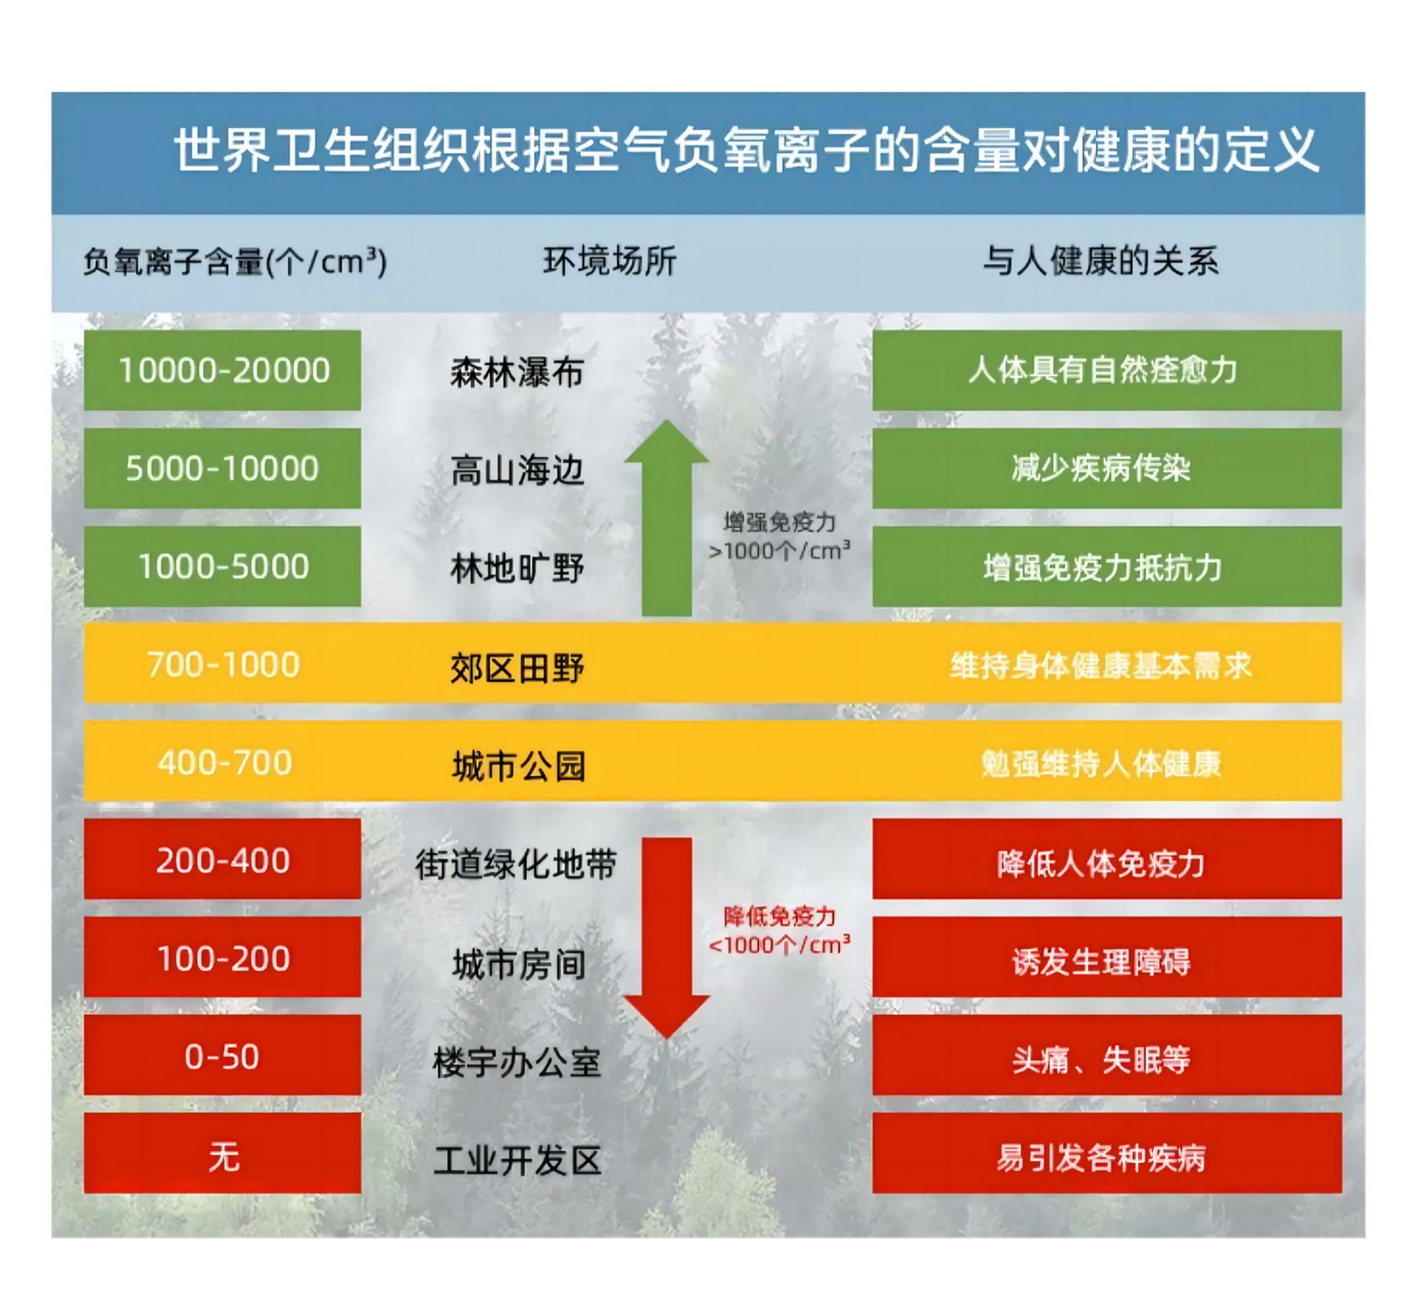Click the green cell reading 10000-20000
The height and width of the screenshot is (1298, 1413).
point(222,370)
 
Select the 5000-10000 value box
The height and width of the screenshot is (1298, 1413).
point(222,468)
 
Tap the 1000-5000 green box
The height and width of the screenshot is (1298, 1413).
point(222,566)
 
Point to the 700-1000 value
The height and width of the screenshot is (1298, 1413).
point(223,664)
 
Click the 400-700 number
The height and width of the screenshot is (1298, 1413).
point(224,762)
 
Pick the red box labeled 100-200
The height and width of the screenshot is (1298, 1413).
point(222,957)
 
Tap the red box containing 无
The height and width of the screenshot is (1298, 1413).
point(222,1153)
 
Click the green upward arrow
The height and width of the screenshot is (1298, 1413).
point(666,518)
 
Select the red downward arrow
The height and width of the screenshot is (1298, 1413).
point(666,938)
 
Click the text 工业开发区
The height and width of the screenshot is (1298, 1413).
point(517,1160)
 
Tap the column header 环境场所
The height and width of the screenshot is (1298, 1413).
point(610,261)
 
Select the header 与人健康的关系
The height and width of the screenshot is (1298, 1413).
point(1101,261)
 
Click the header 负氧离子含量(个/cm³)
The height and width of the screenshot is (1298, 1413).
point(236,262)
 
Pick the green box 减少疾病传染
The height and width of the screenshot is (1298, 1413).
point(1107,468)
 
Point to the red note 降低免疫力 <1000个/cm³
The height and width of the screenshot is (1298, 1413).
point(779,930)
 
